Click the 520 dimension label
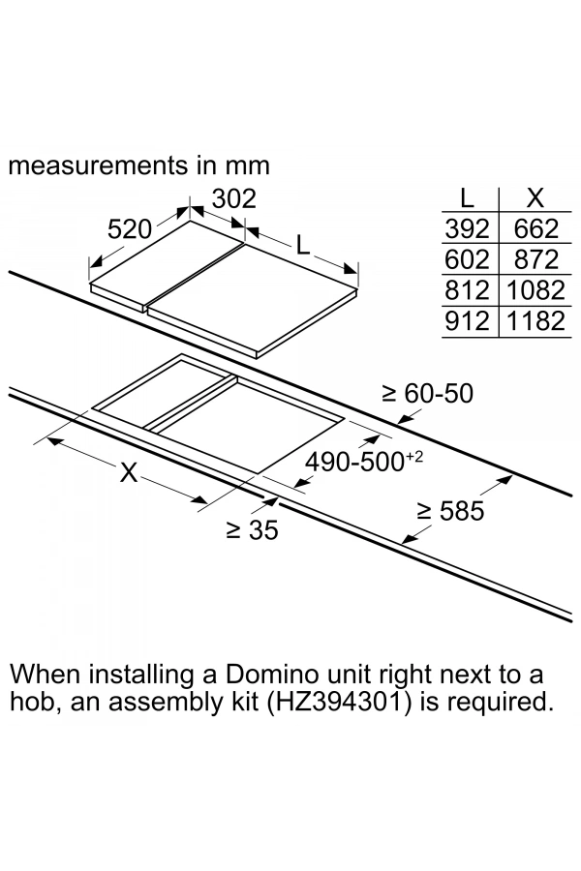(131, 229)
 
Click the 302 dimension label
(233, 198)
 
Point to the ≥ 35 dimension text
(252, 530)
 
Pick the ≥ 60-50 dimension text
(428, 394)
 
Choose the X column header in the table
(534, 198)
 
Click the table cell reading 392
(469, 228)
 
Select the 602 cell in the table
(469, 259)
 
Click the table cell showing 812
(469, 289)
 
